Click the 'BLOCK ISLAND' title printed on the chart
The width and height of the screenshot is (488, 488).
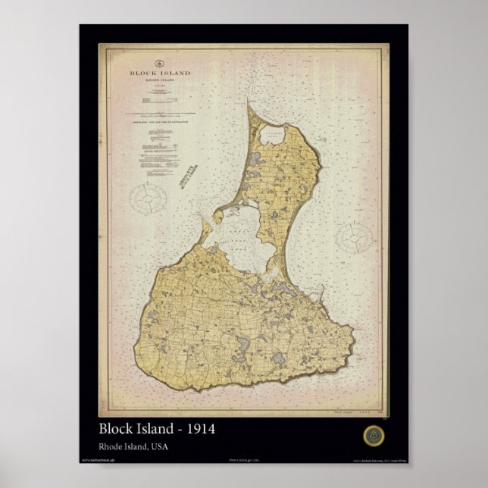[x=160, y=74]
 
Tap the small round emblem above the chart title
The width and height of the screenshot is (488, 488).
[x=160, y=63]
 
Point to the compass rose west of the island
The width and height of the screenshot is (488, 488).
[x=148, y=199]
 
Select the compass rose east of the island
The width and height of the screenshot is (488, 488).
[x=355, y=237]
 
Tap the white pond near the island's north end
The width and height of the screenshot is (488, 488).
[x=271, y=136]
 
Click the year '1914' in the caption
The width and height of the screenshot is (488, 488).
[x=199, y=429]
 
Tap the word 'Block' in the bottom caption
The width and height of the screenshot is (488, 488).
[x=116, y=429]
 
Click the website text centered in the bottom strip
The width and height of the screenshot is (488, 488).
[x=243, y=459]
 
